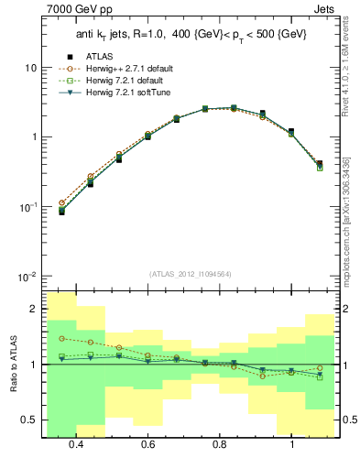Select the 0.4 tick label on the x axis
click(76, 444)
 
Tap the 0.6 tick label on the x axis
click(147, 444)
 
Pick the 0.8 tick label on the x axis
click(220, 444)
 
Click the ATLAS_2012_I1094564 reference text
click(188, 274)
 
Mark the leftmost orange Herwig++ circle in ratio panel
click(61, 338)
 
